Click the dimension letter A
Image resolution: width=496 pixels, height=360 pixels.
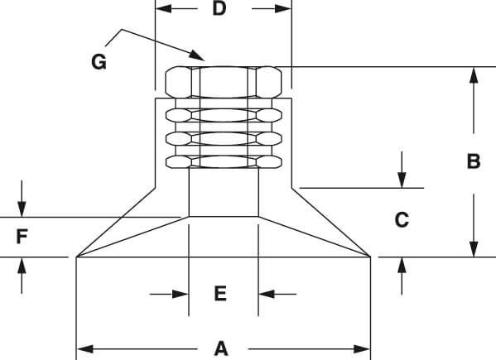pos(221,348)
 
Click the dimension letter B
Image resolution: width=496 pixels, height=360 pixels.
pos(474,161)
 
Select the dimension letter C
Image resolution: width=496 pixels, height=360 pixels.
pos(402,219)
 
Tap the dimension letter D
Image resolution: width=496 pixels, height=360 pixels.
pos(219,8)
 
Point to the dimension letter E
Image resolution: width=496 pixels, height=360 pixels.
pos(220,293)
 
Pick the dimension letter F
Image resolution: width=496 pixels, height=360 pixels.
pos(22,237)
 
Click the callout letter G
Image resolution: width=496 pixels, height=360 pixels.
pos(99,61)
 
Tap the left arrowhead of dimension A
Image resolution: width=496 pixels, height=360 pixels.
pos(84,349)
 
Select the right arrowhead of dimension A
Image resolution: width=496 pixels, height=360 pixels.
pos(362,349)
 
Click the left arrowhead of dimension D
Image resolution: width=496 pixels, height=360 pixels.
pos(164,9)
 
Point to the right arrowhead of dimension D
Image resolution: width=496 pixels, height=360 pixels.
pos(283,9)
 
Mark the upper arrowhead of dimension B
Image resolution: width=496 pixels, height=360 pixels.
pos(474,75)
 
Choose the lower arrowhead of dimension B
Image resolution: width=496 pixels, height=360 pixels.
pos(474,249)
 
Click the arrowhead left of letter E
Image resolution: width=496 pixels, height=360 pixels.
pos(181,294)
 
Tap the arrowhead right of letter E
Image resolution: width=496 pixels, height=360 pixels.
pos(267,294)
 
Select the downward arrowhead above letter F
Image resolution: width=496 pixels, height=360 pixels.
pos(22,209)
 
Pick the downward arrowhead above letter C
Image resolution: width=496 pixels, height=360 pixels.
pos(402,180)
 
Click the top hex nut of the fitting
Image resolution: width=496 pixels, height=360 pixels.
pos(224,82)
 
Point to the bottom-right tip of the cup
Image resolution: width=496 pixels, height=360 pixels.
pos(370,257)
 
